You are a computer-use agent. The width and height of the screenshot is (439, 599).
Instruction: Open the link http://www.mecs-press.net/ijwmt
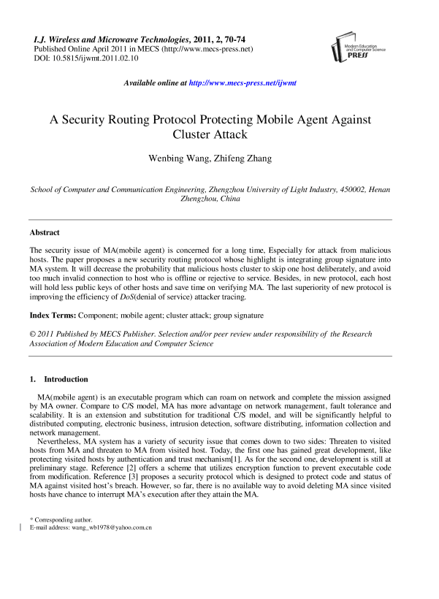click(243, 84)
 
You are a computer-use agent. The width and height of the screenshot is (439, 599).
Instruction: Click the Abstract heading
click(44, 233)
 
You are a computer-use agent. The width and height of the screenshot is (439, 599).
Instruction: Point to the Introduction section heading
click(66, 379)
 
